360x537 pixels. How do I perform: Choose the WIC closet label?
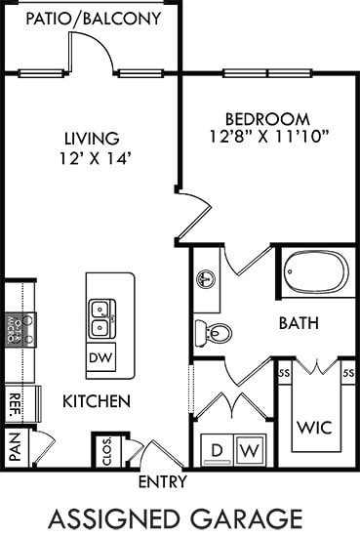(x=316, y=427)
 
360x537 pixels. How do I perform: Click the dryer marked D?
(x=218, y=450)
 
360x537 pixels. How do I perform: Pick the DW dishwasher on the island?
(x=100, y=357)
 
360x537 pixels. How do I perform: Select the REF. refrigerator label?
(x=16, y=400)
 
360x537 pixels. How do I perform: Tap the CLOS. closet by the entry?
(x=105, y=452)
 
